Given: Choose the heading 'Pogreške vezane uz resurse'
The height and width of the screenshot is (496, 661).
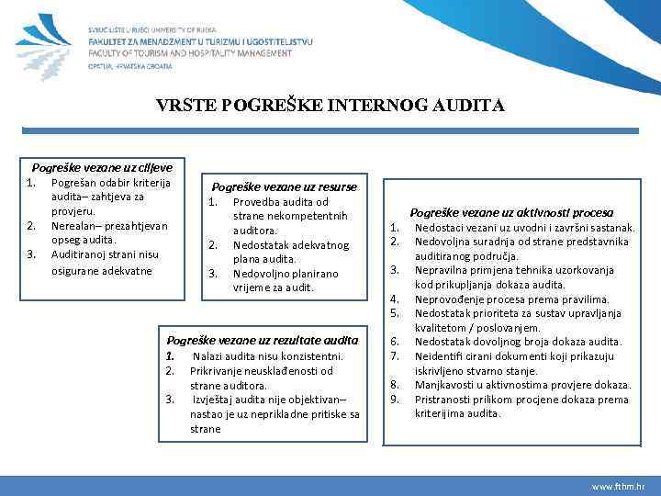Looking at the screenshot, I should pyautogui.click(x=285, y=186).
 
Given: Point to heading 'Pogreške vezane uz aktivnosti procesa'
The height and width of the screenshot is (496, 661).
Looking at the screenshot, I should pyautogui.click(x=511, y=212).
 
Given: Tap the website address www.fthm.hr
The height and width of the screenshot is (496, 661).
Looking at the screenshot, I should pyautogui.click(x=617, y=485).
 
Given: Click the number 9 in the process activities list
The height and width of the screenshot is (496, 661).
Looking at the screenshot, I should pyautogui.click(x=394, y=400).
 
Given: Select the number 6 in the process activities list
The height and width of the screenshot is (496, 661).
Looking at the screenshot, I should pyautogui.click(x=394, y=342).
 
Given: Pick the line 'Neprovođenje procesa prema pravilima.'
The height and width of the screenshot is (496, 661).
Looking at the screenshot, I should pyautogui.click(x=511, y=299).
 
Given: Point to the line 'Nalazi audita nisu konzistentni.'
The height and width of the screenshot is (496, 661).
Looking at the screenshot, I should pyautogui.click(x=267, y=355).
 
